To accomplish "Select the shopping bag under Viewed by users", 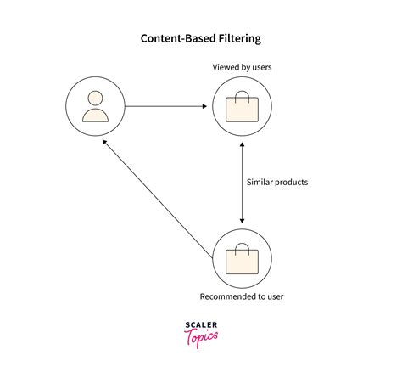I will [x=242, y=108].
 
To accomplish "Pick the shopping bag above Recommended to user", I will [x=242, y=258].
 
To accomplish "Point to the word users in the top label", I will [x=260, y=67].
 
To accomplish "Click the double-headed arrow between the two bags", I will [x=243, y=183].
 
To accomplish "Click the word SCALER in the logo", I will [x=200, y=325].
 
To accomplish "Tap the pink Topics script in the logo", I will [x=200, y=337].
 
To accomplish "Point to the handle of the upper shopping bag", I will [x=242, y=96].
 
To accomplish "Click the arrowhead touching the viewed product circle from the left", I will [x=206, y=106].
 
